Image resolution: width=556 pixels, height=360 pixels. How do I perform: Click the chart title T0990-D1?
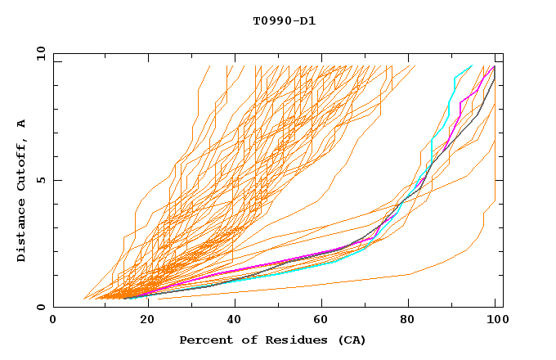284,20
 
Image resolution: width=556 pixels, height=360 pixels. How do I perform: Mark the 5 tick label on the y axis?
40,180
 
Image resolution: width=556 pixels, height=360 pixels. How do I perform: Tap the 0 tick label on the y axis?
40,308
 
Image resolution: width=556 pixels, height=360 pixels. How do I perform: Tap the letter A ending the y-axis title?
22,123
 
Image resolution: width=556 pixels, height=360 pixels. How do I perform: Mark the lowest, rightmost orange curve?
425,269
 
